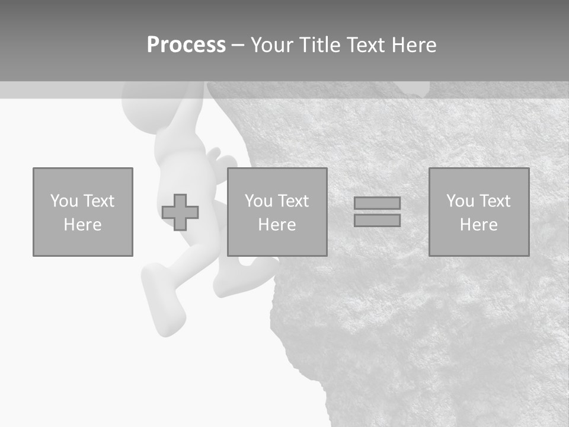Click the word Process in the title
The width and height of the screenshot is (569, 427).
186,45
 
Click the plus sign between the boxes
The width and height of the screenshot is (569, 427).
180,212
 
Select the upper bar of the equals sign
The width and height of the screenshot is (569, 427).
377,203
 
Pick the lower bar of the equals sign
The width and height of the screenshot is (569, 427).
377,221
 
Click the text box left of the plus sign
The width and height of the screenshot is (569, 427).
82,212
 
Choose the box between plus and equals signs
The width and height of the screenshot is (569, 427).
277,212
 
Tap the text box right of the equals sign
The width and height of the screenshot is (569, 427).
478,212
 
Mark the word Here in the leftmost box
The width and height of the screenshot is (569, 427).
82,225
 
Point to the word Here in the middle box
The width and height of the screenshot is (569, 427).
277,225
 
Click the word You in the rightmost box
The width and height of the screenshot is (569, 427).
460,201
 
